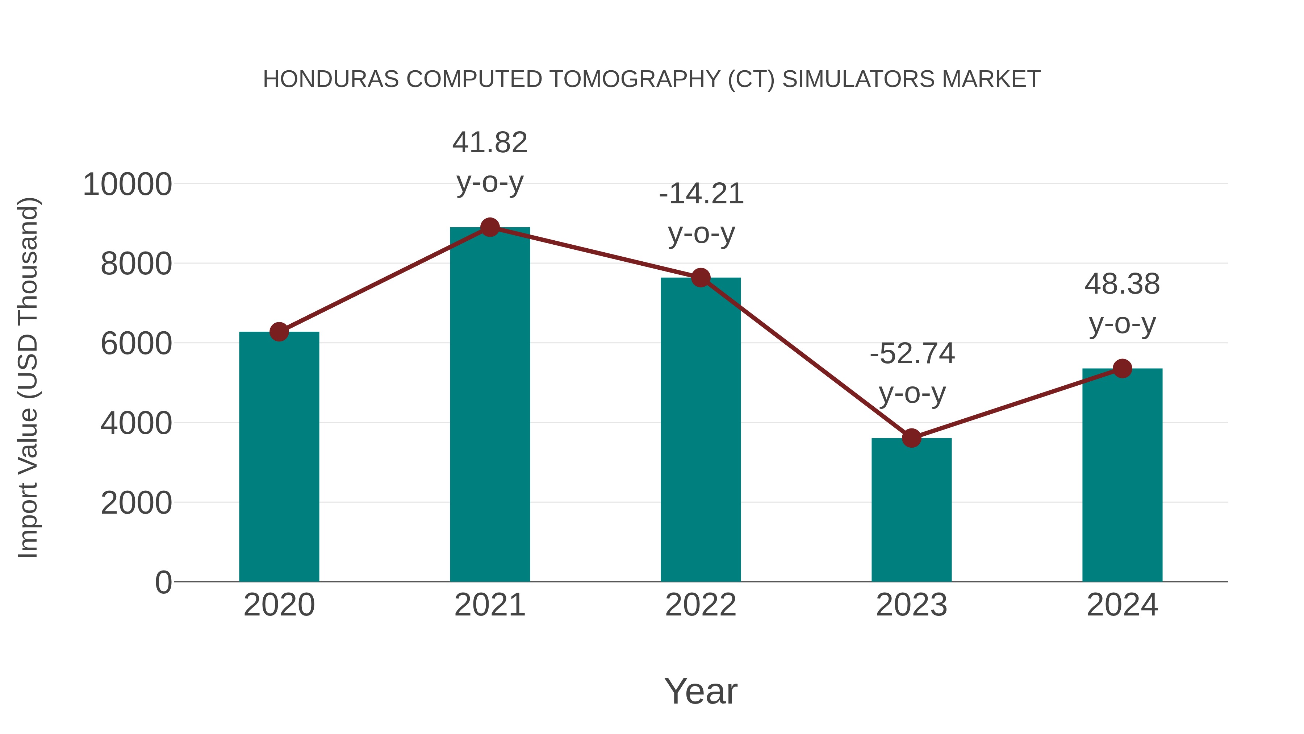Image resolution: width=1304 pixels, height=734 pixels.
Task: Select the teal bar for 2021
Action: point(489,405)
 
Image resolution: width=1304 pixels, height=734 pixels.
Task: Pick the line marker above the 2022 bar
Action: point(701,278)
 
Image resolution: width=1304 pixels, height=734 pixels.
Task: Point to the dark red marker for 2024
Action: point(1122,368)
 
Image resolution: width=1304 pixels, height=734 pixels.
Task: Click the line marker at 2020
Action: point(279,332)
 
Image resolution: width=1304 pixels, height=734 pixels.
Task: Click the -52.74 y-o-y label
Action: point(912,373)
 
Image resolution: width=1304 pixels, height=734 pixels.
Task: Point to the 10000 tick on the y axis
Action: point(127,184)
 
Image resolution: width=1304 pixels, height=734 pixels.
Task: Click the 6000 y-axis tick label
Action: point(136,344)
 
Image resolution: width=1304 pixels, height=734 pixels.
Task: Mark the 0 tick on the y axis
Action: point(163,582)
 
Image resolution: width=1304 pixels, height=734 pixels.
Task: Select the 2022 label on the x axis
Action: point(701,605)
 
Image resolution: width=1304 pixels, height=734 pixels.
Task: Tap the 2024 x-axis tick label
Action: point(1122,605)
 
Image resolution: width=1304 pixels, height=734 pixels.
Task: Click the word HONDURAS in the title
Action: point(331,79)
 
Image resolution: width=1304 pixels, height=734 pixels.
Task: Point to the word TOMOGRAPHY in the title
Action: point(635,79)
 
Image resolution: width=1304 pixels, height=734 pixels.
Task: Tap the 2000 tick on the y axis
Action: point(136,503)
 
